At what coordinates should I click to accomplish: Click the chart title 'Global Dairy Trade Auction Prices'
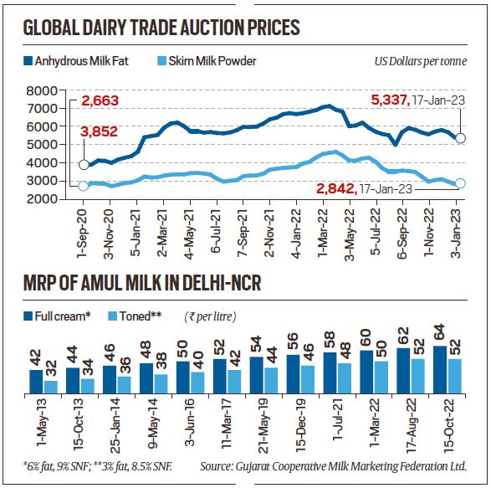click(x=161, y=28)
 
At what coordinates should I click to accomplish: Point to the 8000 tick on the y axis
click(x=55, y=90)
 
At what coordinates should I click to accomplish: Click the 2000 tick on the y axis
click(x=55, y=199)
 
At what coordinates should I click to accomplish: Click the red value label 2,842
click(x=336, y=190)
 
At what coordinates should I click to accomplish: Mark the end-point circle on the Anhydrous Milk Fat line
click(x=460, y=138)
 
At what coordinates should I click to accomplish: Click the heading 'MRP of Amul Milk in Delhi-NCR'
click(x=143, y=285)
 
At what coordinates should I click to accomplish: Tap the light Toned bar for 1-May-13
click(x=52, y=387)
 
